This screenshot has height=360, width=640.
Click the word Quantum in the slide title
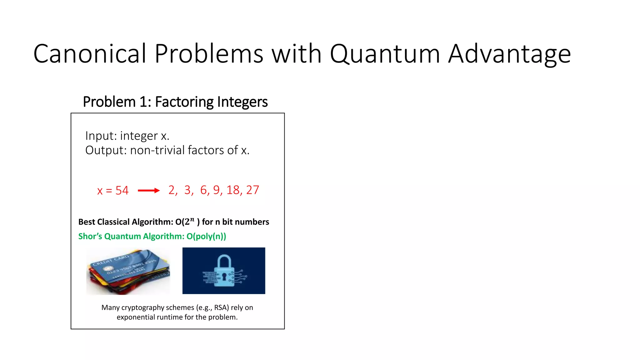tap(385, 54)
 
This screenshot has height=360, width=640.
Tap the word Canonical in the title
tap(90, 54)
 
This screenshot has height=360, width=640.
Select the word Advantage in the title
tap(509, 54)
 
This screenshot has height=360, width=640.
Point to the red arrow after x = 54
tap(149, 190)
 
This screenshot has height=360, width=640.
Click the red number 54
tap(122, 190)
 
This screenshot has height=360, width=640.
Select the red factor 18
tap(233, 190)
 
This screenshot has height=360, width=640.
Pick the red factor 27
tap(252, 190)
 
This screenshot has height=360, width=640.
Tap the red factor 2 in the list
tap(172, 190)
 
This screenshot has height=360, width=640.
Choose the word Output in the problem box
tap(105, 150)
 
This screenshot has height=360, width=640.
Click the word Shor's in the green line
tap(90, 236)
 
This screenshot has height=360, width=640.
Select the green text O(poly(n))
tap(206, 236)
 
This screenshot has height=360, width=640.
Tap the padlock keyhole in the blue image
tap(224, 276)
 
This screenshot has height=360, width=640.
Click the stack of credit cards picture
tap(128, 271)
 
